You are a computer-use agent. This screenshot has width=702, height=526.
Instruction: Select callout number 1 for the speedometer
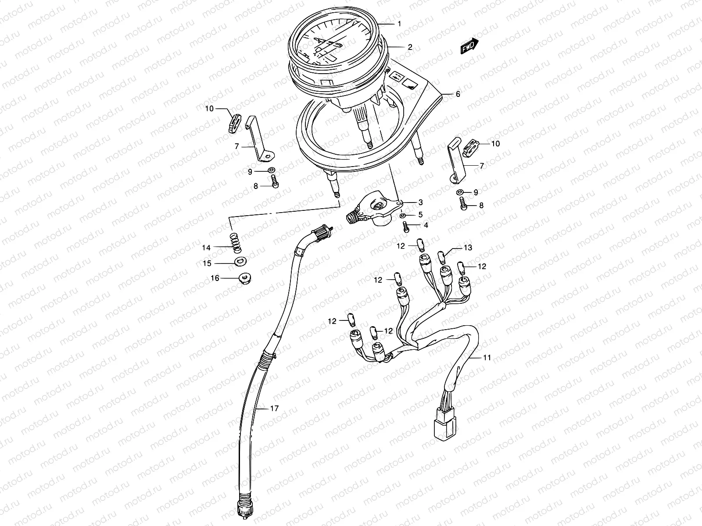(399, 24)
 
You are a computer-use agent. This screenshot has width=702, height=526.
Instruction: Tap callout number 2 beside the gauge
(409, 47)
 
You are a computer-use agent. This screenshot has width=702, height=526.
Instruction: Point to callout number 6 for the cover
(458, 94)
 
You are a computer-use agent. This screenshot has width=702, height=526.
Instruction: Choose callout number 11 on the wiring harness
(487, 358)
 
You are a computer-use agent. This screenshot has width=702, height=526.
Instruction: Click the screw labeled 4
(406, 227)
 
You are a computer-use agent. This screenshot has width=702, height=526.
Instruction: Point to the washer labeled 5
(403, 216)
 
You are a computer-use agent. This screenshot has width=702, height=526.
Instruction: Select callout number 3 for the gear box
(420, 203)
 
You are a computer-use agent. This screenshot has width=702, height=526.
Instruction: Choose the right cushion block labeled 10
(471, 144)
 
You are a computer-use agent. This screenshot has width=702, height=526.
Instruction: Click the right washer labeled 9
(459, 192)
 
